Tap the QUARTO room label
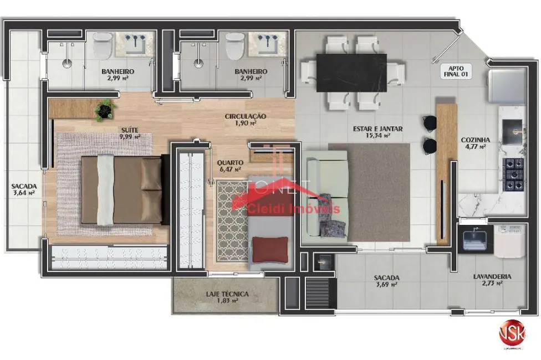click(230, 162)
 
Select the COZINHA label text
click(473, 140)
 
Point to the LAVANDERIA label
click(492, 276)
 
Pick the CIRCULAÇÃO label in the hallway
click(246, 116)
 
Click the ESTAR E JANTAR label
click(377, 129)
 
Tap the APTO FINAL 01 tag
click(456, 72)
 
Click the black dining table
click(351, 73)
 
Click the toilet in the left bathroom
click(102, 47)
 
